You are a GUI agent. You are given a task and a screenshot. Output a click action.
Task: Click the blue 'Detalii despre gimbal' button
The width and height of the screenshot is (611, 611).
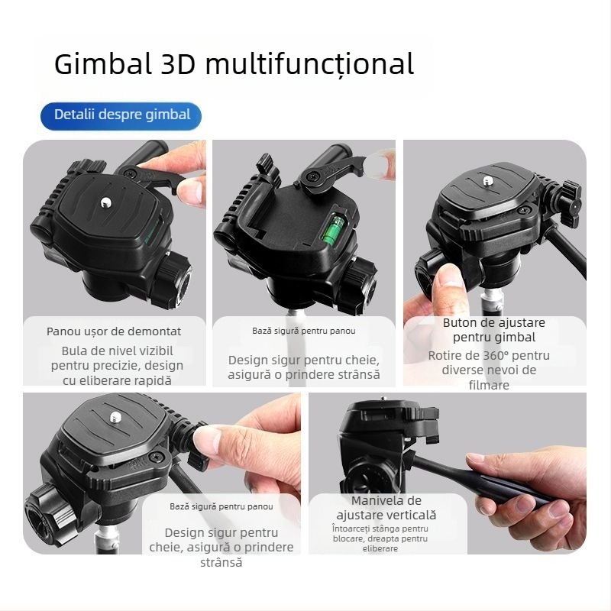click(121, 115)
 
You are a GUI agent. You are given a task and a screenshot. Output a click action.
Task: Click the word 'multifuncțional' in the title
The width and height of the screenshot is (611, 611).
click(309, 64)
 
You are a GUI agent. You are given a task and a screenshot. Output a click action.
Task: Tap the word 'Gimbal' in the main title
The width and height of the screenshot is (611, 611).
click(103, 64)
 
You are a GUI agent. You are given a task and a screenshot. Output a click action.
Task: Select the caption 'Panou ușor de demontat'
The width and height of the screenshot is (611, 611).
click(114, 331)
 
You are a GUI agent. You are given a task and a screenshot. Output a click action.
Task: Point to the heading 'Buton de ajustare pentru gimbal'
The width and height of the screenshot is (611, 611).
click(494, 330)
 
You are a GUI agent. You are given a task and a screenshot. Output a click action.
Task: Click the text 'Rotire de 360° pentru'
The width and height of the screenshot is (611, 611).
click(489, 356)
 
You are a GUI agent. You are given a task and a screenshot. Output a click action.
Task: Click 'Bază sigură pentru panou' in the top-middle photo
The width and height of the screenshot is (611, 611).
click(304, 331)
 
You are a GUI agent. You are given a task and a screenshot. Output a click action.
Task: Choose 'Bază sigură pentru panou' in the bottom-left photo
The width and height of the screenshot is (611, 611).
click(221, 506)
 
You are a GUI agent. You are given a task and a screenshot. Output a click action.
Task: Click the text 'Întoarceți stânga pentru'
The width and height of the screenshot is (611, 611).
click(380, 529)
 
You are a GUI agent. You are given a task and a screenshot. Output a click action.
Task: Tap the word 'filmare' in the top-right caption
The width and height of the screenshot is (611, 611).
click(489, 385)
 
